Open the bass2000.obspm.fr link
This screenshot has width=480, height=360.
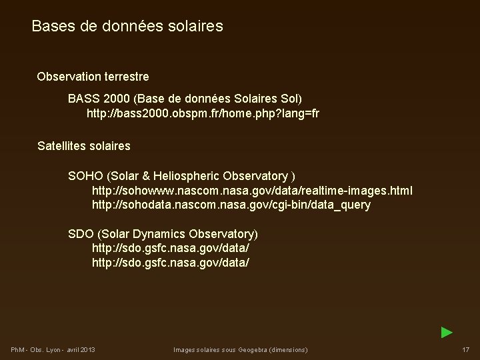pyautogui.click(x=203, y=113)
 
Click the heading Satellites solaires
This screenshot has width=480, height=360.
pyautogui.click(x=84, y=145)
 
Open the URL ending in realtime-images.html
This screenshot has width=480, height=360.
pyautogui.click(x=252, y=191)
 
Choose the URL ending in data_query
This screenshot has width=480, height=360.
pyautogui.click(x=231, y=205)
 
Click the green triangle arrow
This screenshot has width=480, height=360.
pyautogui.click(x=447, y=332)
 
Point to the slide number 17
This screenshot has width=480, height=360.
pyautogui.click(x=465, y=350)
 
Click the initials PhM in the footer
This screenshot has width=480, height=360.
pyautogui.click(x=18, y=350)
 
